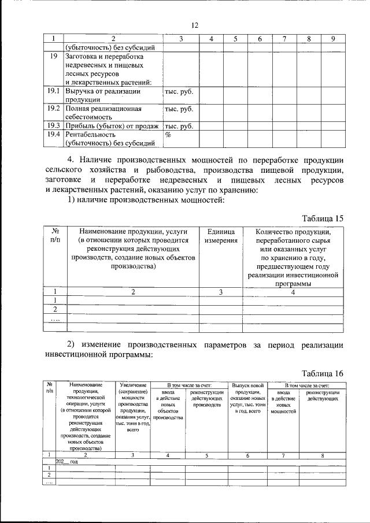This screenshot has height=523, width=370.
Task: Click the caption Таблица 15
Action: tap(323, 218)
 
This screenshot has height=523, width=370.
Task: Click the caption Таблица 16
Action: tap(323, 373)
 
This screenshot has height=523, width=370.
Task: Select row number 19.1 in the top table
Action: tap(53, 91)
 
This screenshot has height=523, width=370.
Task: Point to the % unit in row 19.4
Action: tap(169, 135)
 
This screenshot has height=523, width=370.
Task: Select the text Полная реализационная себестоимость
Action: tap(103, 113)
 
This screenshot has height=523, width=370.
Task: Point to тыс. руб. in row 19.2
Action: tap(178, 109)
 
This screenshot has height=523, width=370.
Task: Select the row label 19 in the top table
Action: tap(53, 57)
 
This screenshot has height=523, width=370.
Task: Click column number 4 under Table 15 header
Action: tap(293, 292)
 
